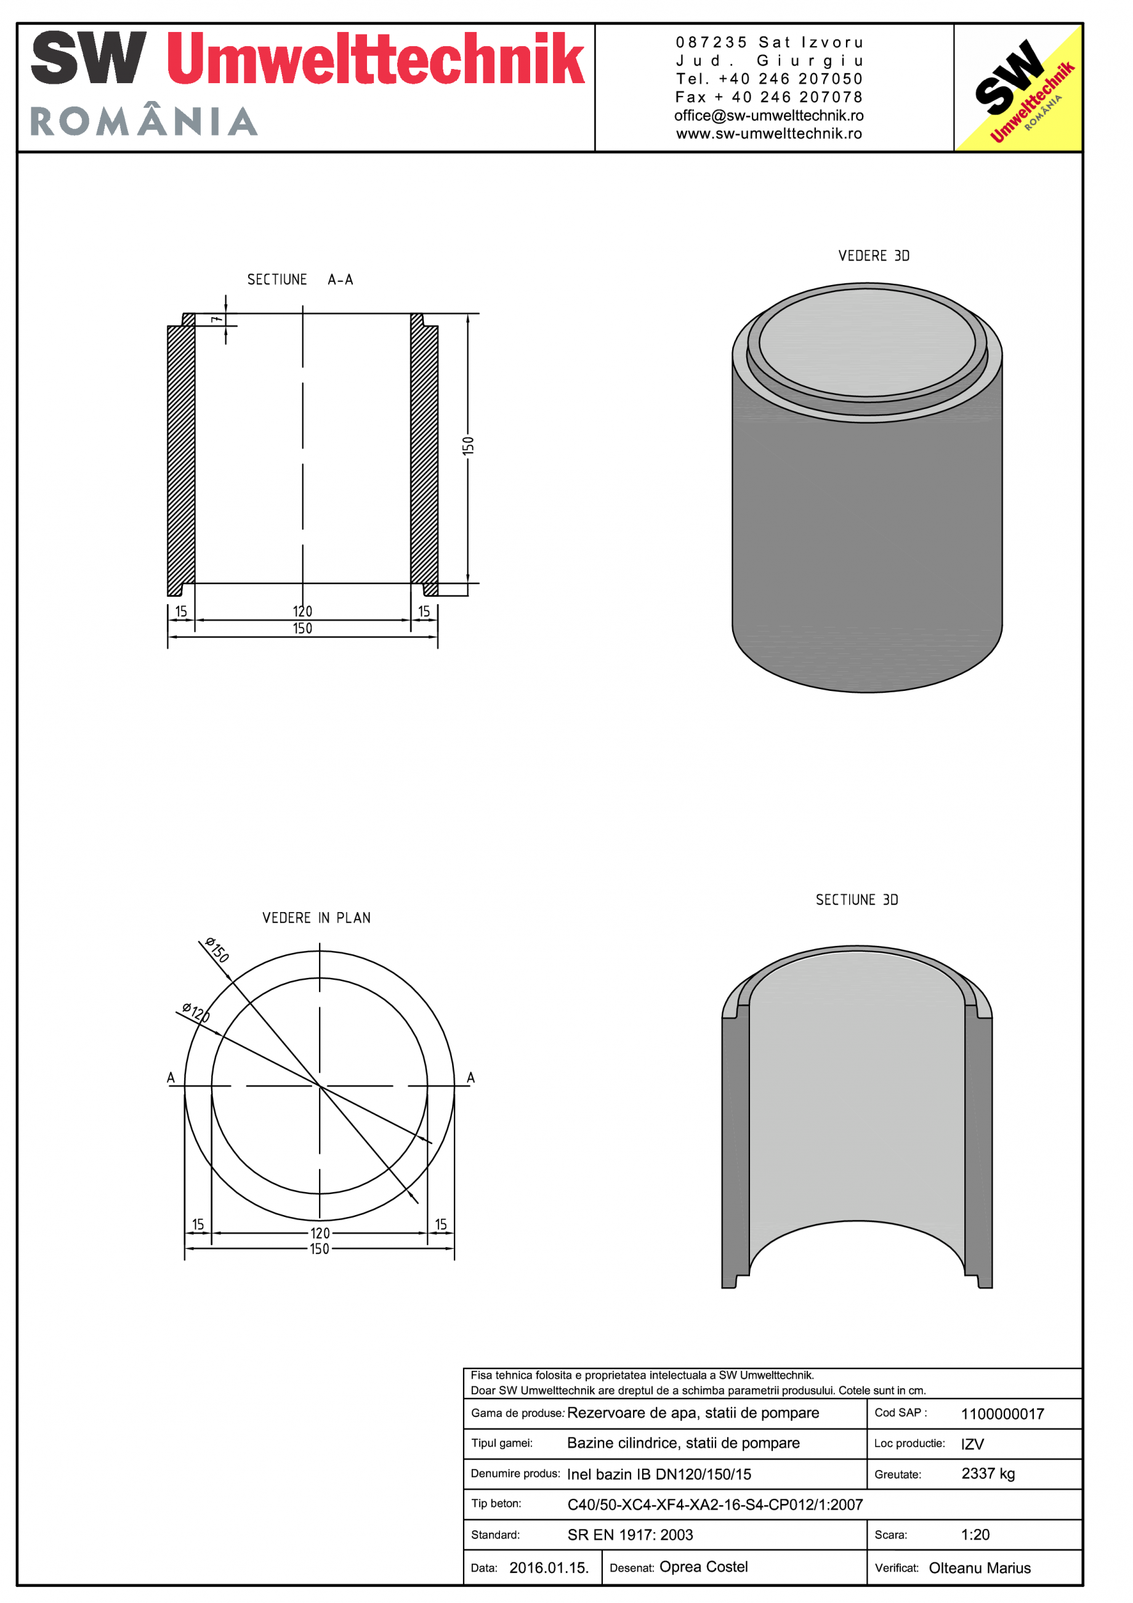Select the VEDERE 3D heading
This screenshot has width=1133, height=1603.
tap(873, 256)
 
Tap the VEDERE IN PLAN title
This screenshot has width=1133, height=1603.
tap(317, 918)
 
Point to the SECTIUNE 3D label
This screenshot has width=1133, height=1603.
tap(857, 900)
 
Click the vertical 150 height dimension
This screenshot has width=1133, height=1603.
tap(469, 445)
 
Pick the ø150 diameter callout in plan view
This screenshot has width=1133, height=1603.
tap(217, 950)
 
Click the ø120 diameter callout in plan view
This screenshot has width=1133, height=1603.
tap(195, 1012)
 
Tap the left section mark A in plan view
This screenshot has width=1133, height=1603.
tap(171, 1078)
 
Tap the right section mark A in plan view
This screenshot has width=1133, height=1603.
tap(470, 1078)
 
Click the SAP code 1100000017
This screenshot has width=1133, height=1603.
tap(1002, 1415)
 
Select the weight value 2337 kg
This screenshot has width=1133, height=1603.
tap(987, 1474)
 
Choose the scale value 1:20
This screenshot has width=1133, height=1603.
tap(975, 1535)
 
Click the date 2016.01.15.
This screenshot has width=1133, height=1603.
tap(549, 1568)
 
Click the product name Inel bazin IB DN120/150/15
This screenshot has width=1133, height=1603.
tap(658, 1474)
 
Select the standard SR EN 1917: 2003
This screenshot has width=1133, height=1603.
tap(630, 1535)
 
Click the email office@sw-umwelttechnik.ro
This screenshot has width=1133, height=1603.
tap(768, 116)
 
